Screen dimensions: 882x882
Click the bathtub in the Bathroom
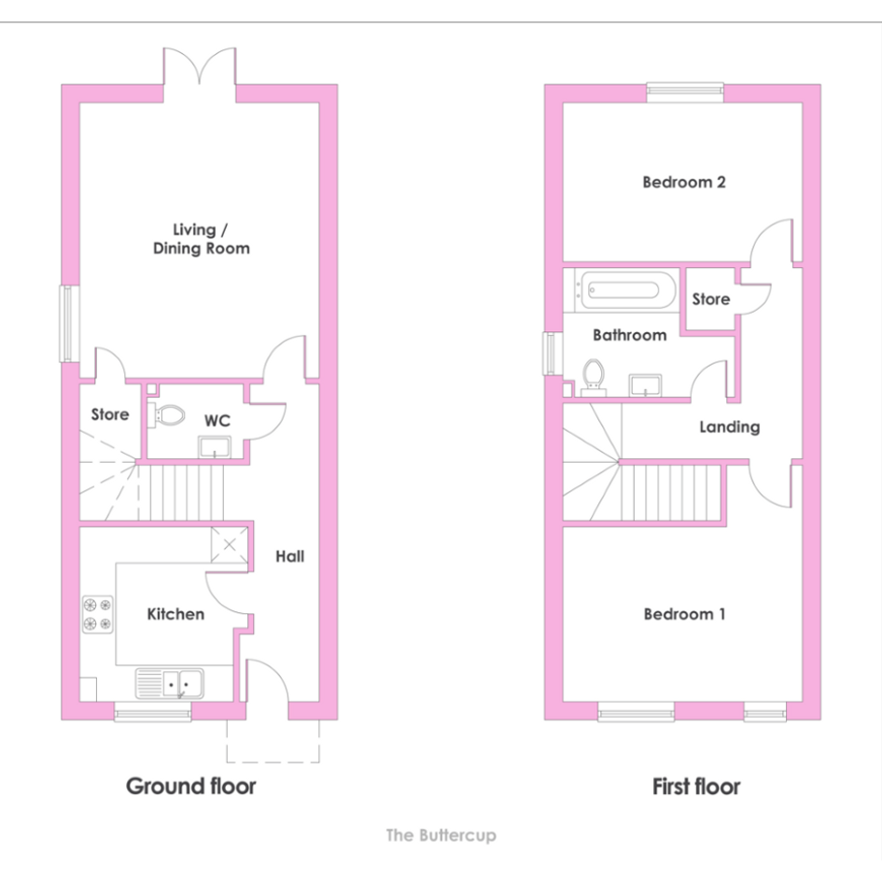tap(624, 290)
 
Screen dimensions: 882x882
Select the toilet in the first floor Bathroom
tap(594, 377)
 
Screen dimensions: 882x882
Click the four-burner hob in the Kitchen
tap(98, 614)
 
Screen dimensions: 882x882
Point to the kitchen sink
tap(169, 683)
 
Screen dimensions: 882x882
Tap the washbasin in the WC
tap(215, 447)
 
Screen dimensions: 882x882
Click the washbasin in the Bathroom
tap(646, 385)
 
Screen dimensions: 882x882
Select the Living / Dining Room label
tap(202, 239)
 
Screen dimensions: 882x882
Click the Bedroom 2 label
tap(684, 182)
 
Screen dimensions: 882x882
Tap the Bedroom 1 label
tap(684, 614)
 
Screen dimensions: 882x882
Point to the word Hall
tap(289, 556)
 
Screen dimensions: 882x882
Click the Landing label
tap(730, 427)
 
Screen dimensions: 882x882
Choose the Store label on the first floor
tap(711, 300)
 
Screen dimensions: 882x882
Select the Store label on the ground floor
tap(110, 414)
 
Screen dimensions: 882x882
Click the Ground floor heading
tap(190, 787)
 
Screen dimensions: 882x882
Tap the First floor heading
tap(696, 787)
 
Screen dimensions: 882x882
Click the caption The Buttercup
tap(441, 835)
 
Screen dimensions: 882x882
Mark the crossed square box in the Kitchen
tap(230, 544)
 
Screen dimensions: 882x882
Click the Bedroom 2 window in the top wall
tap(685, 92)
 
